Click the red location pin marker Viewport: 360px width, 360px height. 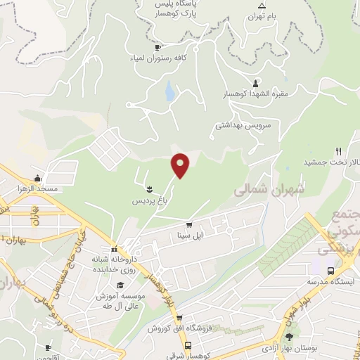coord(181,165)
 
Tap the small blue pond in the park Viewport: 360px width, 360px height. coord(169,91)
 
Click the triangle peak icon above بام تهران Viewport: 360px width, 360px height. coord(262,5)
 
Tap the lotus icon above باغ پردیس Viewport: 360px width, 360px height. coord(149,189)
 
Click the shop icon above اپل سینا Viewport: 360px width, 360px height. coord(188,224)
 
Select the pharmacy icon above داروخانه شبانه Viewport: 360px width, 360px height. coord(113,250)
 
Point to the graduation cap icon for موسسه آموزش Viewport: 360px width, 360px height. coord(120,285)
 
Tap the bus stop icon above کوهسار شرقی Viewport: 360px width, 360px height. coord(188,345)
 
